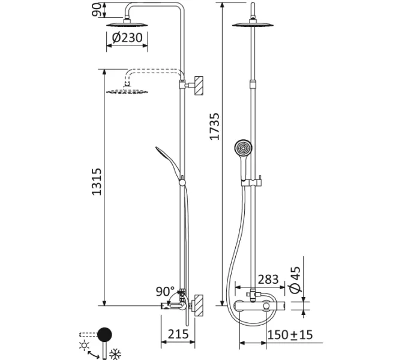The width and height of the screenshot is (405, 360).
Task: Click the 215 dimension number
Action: [178, 335]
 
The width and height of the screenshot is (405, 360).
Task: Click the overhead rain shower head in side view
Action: [127, 23]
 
